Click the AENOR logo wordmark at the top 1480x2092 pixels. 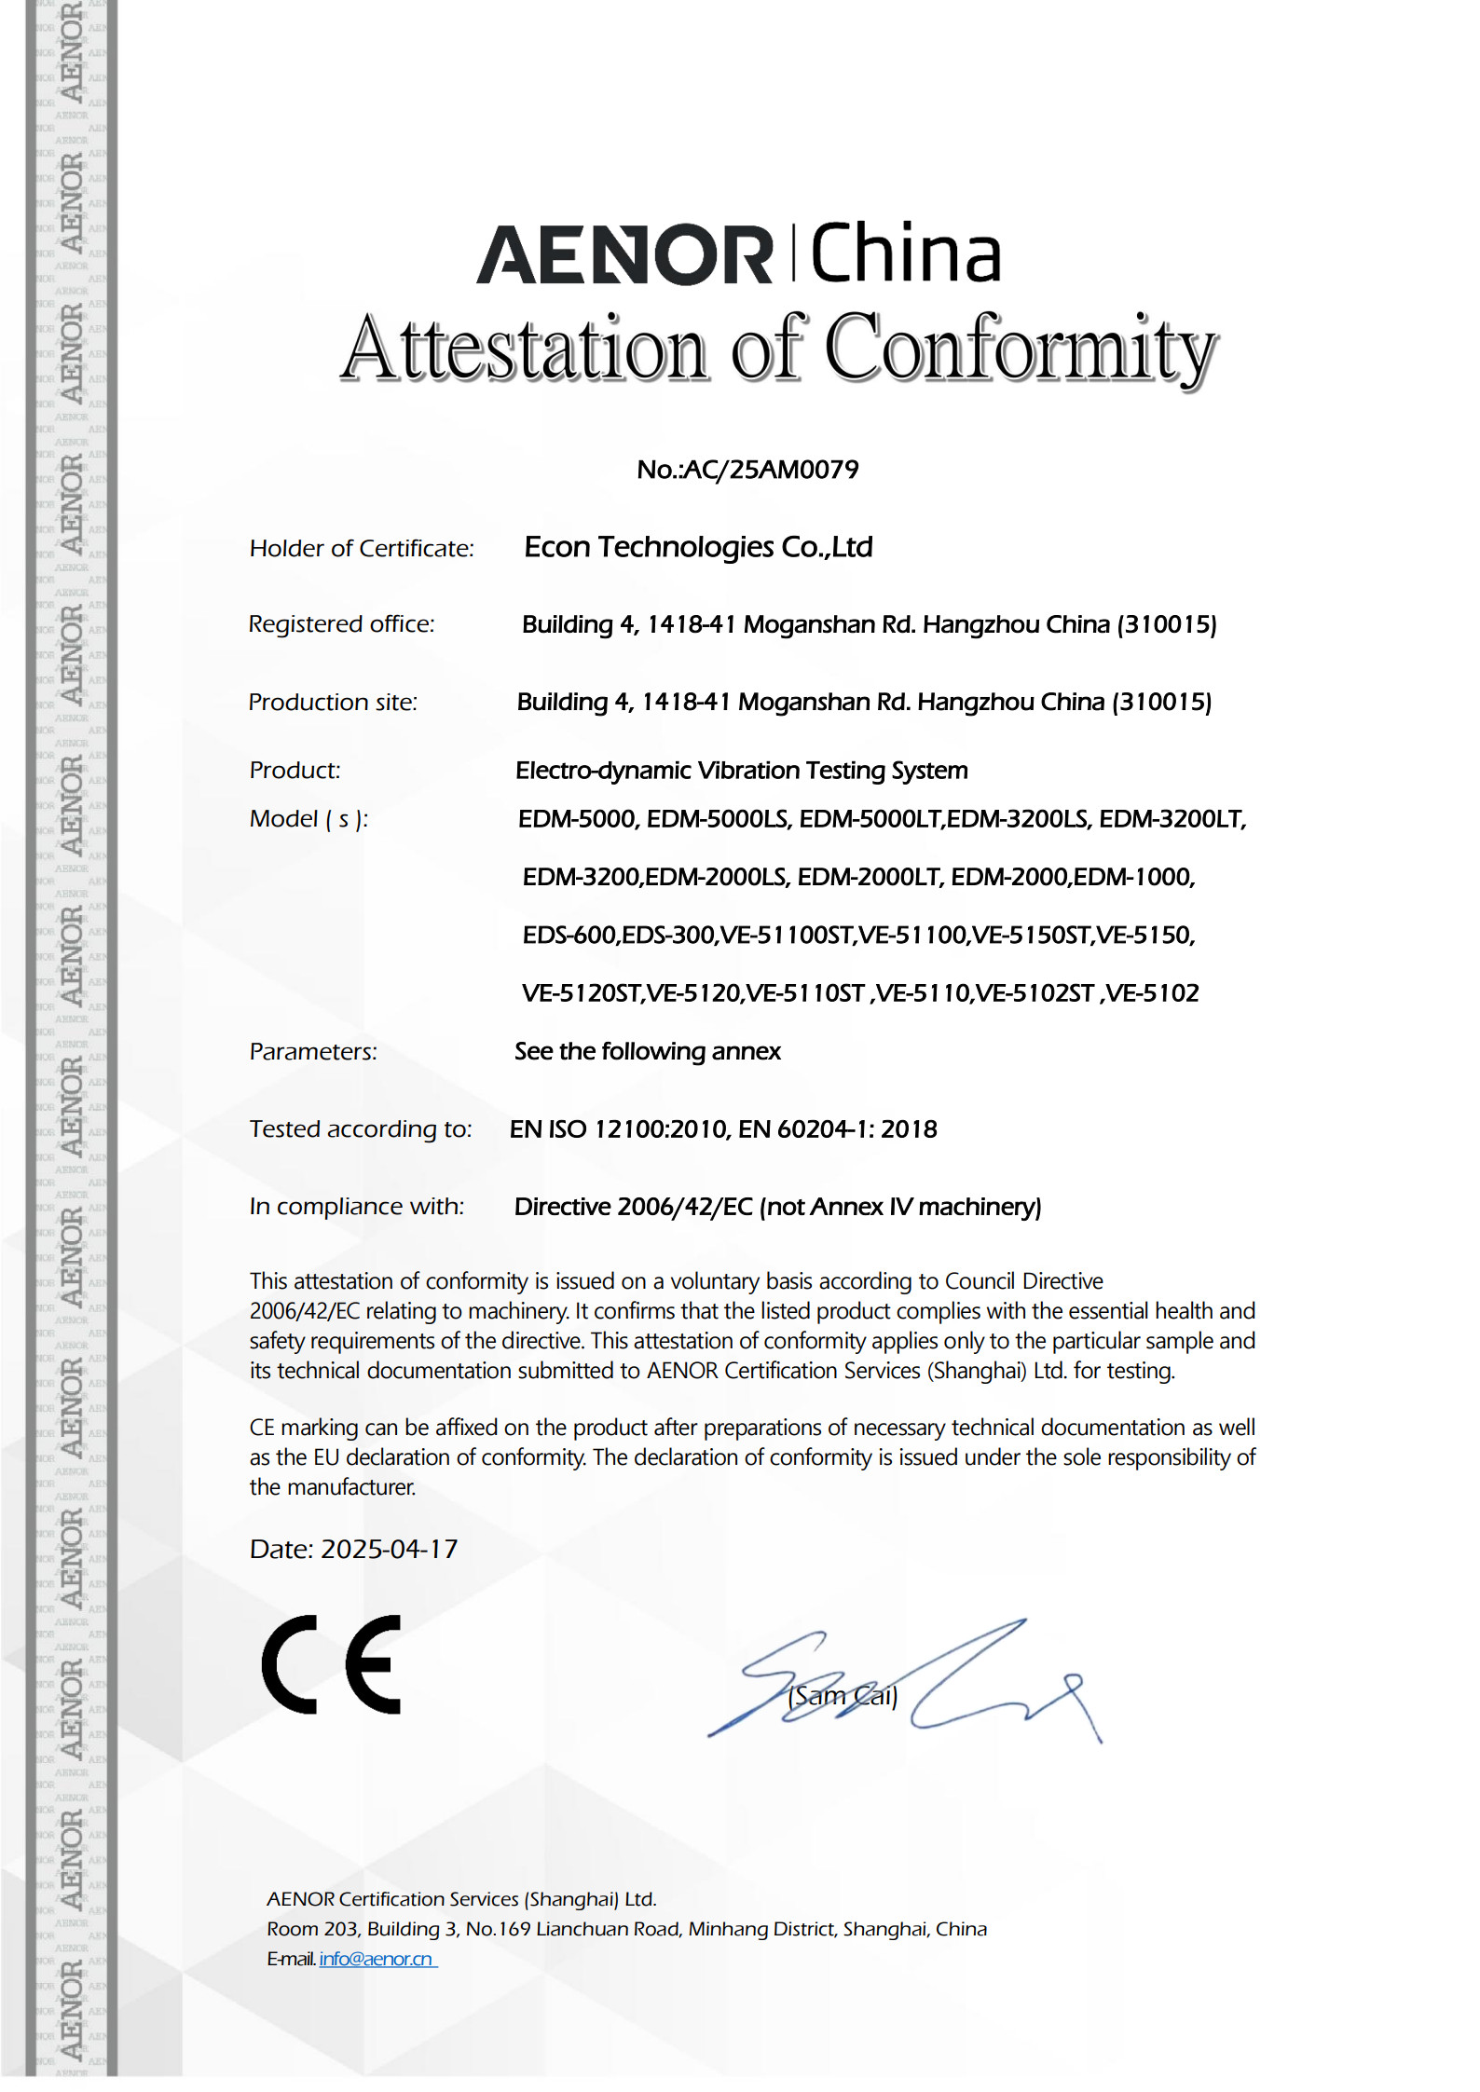[x=624, y=254]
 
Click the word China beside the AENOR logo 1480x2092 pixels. [x=906, y=253]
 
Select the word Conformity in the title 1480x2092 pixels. [x=1021, y=350]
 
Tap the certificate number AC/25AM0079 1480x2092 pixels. [x=771, y=470]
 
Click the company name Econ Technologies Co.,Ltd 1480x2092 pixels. [x=698, y=547]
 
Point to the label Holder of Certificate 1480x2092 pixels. [x=362, y=549]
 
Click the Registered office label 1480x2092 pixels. [x=341, y=624]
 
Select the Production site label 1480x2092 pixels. [x=333, y=703]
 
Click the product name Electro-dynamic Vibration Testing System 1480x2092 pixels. [x=741, y=771]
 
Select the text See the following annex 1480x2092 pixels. [x=647, y=1052]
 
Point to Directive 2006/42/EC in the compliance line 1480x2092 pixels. [x=633, y=1208]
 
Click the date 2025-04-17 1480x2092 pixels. [x=389, y=1550]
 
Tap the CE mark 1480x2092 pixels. [x=332, y=1664]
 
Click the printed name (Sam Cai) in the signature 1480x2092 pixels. [x=842, y=1696]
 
